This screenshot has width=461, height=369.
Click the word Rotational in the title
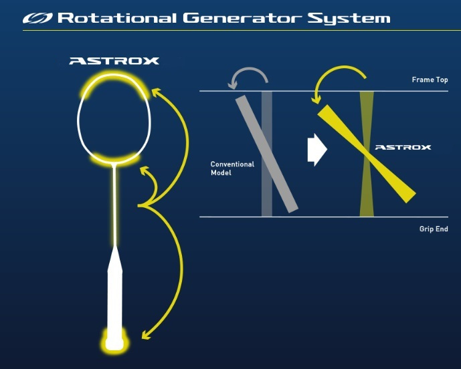click(x=116, y=18)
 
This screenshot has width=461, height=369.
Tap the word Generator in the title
click(x=242, y=18)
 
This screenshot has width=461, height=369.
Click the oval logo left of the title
click(x=37, y=18)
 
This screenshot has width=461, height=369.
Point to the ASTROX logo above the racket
click(x=114, y=61)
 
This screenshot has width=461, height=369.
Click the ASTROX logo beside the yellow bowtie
click(x=403, y=147)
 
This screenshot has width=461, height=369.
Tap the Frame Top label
click(x=430, y=80)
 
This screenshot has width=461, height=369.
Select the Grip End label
click(x=434, y=229)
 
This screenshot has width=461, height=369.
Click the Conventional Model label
click(x=232, y=168)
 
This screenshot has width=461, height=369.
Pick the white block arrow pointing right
click(x=317, y=150)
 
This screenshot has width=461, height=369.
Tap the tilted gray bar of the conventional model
click(x=267, y=154)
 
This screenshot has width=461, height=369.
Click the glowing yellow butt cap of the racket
click(x=114, y=341)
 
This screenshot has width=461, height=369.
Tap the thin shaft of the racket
click(x=114, y=205)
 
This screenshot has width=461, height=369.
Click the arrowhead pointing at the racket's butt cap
click(x=146, y=335)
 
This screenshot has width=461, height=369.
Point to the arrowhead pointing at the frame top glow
click(x=157, y=92)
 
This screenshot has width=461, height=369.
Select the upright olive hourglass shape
click(x=367, y=154)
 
